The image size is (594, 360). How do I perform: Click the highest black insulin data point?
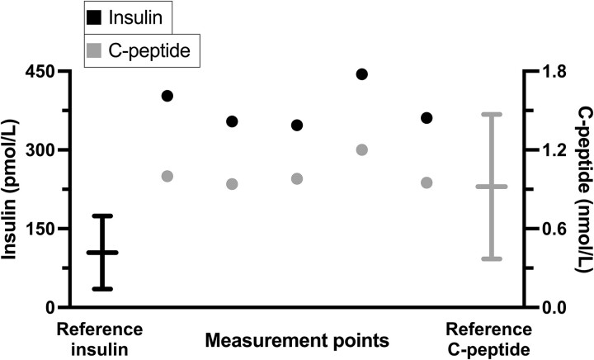tap(361, 73)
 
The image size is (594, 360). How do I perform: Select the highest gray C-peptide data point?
tap(361, 149)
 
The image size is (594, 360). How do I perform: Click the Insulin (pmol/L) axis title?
tap(11, 189)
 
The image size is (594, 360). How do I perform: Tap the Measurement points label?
tap(296, 339)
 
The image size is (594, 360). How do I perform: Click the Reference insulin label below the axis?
tap(100, 339)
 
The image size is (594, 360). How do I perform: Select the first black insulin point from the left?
tap(167, 96)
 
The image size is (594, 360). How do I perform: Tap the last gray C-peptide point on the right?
tap(427, 182)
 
